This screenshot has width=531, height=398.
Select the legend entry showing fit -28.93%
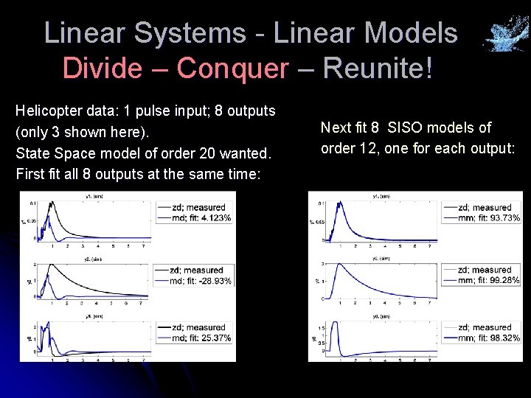tap(193, 281)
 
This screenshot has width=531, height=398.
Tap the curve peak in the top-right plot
tap(340, 204)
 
